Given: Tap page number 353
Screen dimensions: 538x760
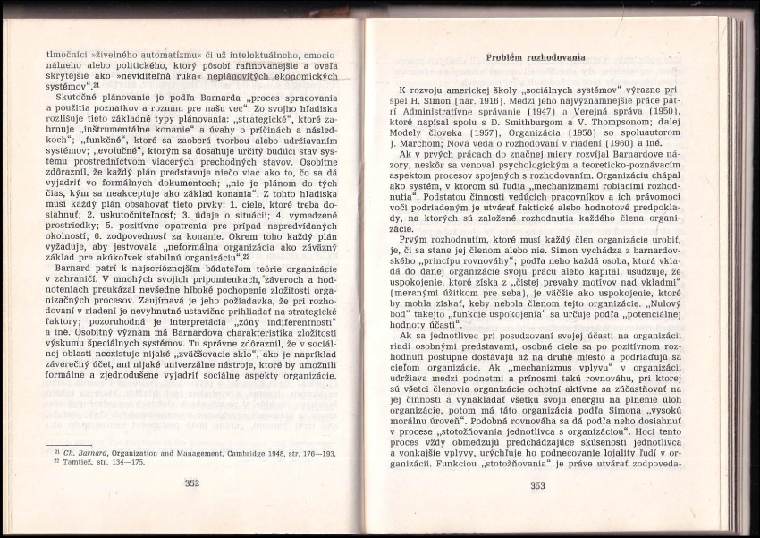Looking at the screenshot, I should pos(537,486).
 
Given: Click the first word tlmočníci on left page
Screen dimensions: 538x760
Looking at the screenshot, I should pos(68,54).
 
